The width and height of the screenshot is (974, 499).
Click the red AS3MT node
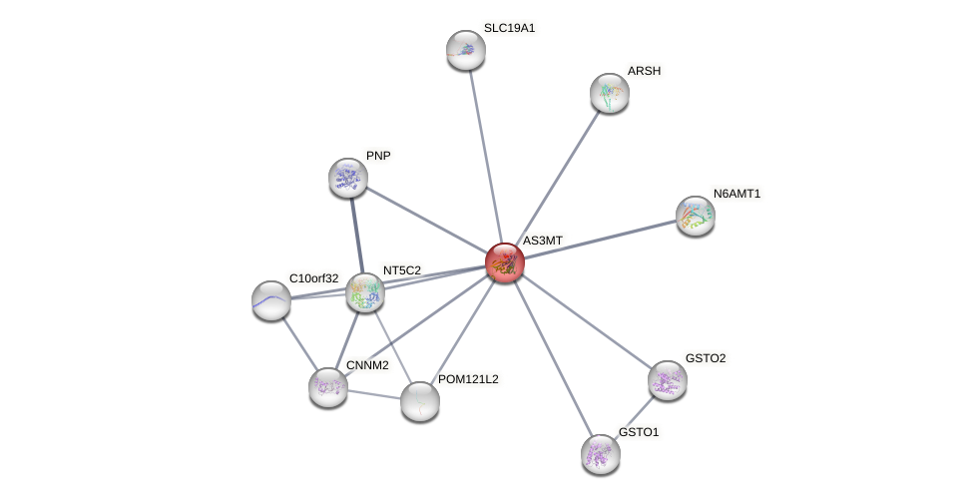(x=505, y=262)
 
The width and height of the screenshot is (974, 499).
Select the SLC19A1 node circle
(x=466, y=50)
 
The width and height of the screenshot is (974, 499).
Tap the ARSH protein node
(x=610, y=93)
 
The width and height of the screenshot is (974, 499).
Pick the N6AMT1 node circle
(x=696, y=216)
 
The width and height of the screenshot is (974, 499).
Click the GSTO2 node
(x=668, y=380)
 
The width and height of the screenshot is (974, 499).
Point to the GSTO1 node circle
(x=601, y=454)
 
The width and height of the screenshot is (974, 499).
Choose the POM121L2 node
(x=420, y=401)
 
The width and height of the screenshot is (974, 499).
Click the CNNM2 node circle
(x=328, y=387)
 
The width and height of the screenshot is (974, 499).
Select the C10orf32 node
(x=271, y=299)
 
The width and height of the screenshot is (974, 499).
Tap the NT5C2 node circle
(x=365, y=292)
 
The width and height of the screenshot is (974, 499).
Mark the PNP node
(x=348, y=178)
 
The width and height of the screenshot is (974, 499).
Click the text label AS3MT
(x=543, y=241)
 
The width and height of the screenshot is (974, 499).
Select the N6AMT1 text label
(x=737, y=194)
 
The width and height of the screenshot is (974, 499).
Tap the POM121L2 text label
(x=468, y=379)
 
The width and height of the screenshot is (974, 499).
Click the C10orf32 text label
(x=314, y=277)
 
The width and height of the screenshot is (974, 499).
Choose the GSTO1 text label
(x=639, y=432)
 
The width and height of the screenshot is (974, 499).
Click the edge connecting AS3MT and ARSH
(x=558, y=177)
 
